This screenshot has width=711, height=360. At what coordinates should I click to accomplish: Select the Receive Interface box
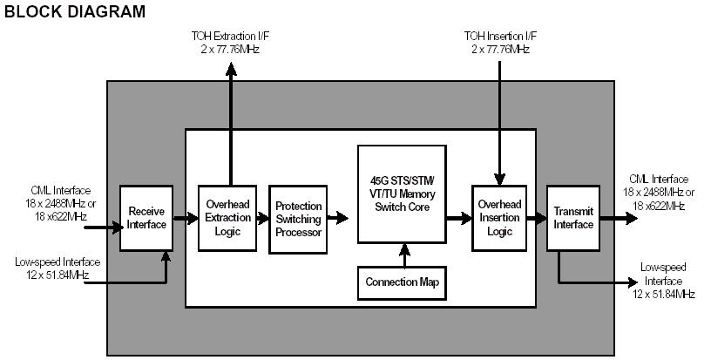146,217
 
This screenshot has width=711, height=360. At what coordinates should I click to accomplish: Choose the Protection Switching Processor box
297,219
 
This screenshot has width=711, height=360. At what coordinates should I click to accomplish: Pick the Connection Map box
402,282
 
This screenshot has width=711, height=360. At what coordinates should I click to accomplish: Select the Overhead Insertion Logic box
499,217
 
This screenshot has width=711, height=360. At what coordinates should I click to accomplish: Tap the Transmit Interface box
572,218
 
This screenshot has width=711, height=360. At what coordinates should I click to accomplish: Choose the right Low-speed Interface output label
667,282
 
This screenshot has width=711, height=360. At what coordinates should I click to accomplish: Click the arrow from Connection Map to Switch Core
403,255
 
